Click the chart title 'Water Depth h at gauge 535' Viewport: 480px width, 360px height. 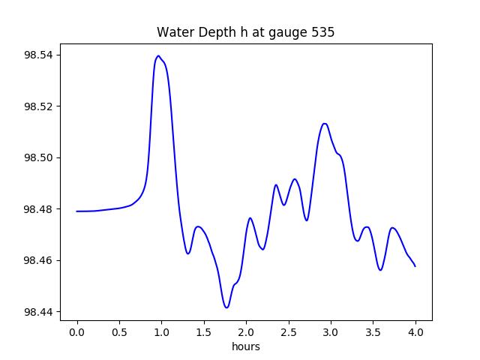pyautogui.click(x=245, y=32)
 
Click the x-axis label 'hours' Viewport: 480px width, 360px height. pyautogui.click(x=246, y=347)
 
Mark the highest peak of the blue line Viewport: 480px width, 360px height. pyautogui.click(x=158, y=56)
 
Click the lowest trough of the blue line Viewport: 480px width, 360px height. pyautogui.click(x=226, y=307)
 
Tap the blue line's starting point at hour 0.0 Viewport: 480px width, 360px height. pyautogui.click(x=77, y=211)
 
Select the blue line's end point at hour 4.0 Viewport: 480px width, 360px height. pyautogui.click(x=415, y=266)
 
